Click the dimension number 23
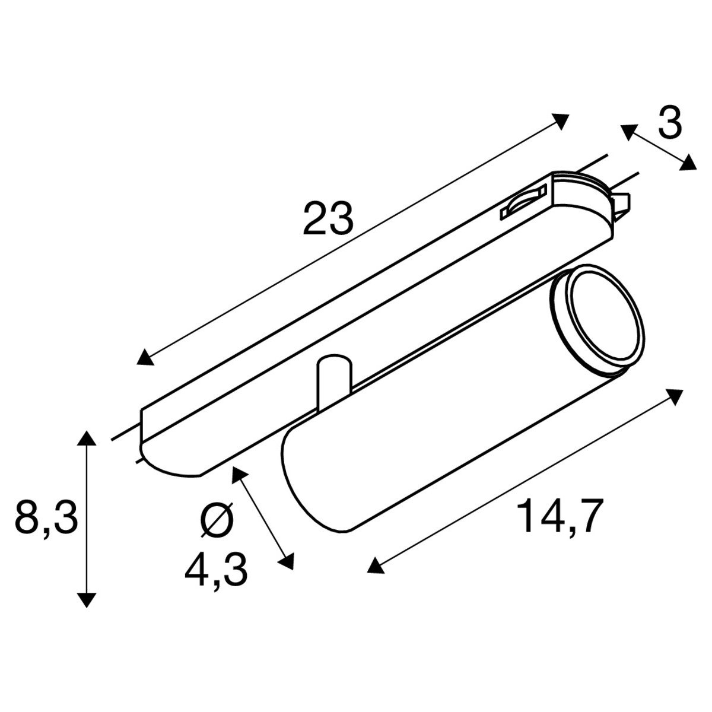328,218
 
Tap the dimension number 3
669,124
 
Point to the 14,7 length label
557,516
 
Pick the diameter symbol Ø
218,519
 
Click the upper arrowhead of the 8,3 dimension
87,438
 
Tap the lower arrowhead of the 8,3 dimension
87,599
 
